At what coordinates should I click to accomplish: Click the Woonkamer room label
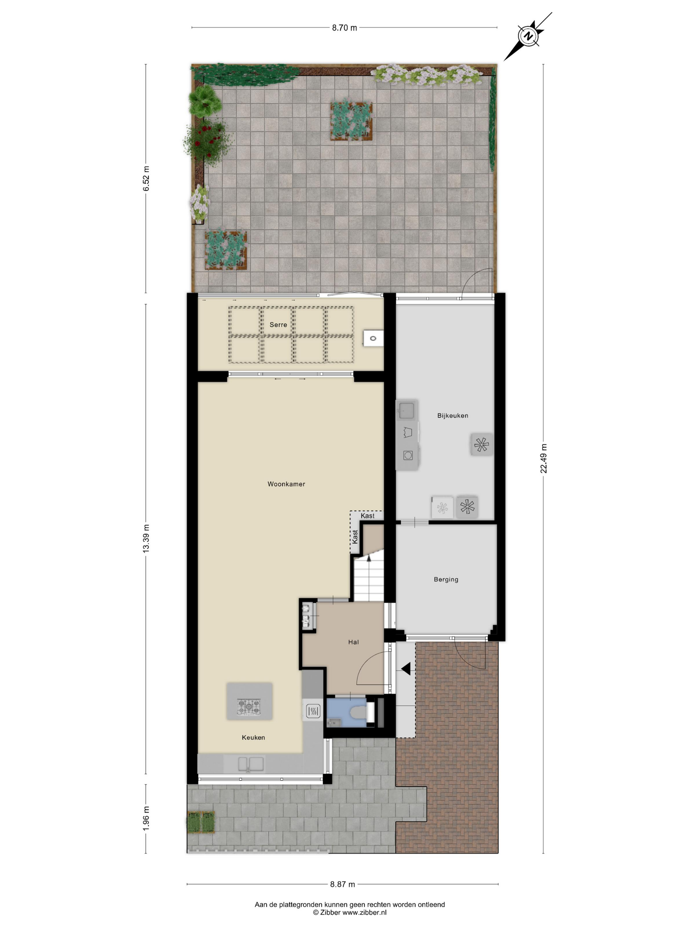coord(286,484)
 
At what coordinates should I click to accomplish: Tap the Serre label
coord(278,325)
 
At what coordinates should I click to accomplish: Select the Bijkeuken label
coord(452,416)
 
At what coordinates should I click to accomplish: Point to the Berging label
coord(446,580)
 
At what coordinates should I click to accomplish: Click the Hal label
coord(353,642)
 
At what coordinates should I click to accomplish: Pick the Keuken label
coord(253,738)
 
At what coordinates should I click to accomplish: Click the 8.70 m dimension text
coord(345,28)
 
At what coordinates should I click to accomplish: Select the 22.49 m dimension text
coord(543,459)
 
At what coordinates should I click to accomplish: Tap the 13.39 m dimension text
coord(146,539)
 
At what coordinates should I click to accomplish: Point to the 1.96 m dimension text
coord(146,818)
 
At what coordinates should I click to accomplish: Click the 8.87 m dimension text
coord(342,884)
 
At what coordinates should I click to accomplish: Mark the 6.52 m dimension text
coord(146,178)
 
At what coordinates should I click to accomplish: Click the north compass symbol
coord(528,36)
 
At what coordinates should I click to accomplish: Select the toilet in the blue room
coord(359,712)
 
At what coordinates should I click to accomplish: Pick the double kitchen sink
coord(251,764)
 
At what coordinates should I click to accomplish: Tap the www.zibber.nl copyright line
coord(349,912)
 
